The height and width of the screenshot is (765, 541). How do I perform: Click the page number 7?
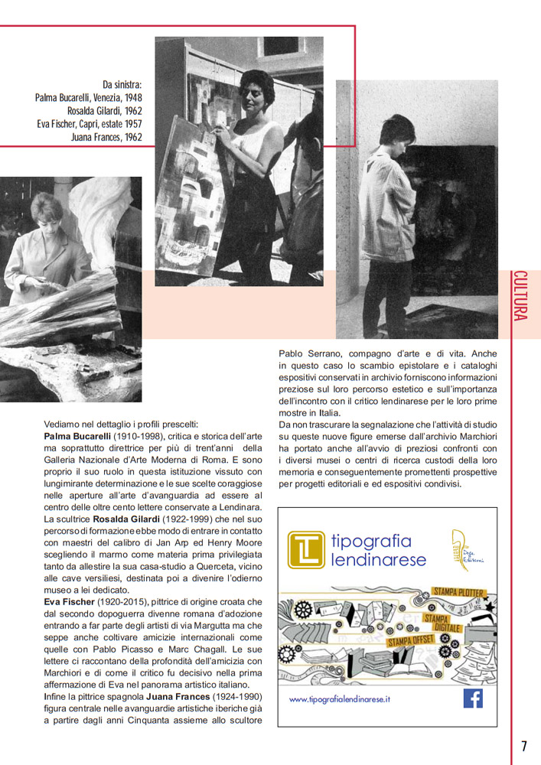[x=524, y=746]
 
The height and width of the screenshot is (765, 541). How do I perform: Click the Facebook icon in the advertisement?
[x=474, y=698]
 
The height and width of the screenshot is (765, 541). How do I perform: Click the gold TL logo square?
[x=305, y=550]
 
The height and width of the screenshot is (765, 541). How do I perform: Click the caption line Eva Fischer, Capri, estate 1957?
[x=90, y=123]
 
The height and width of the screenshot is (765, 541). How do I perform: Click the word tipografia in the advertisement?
[x=372, y=541]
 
